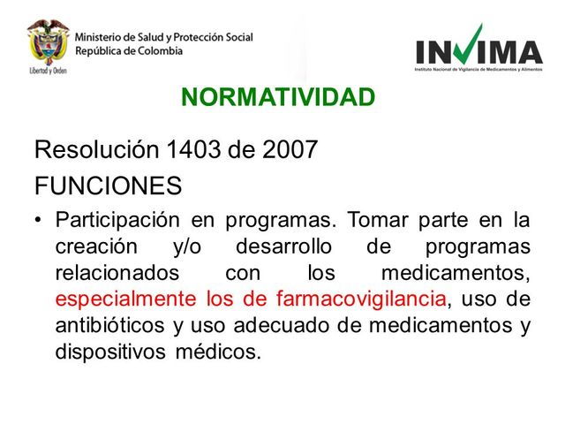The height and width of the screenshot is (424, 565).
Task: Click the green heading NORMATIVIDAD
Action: (x=278, y=96)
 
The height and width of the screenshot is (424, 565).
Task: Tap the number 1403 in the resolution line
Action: (x=193, y=149)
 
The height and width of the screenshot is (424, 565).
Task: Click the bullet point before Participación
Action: (x=39, y=220)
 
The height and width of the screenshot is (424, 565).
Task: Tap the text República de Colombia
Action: (x=129, y=50)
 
